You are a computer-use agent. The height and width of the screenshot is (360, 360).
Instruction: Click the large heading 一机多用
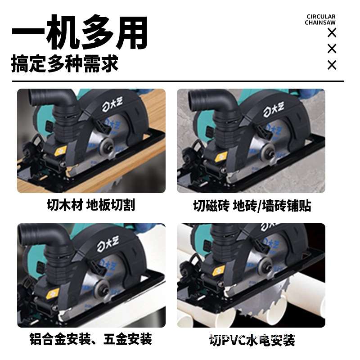coord(80,32)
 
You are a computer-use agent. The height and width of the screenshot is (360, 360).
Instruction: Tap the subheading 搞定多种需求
coord(65,63)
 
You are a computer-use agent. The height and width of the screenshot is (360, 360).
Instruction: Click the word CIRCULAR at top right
coord(320,17)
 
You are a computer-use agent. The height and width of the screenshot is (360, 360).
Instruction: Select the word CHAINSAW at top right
coord(320,23)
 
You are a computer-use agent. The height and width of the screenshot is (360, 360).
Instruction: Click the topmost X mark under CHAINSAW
coord(332,32)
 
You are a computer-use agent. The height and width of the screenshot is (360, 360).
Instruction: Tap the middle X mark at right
coord(332,49)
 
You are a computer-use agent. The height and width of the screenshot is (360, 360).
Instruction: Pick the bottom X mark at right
coord(332,65)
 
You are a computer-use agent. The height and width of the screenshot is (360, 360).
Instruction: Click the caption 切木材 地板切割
coord(91,205)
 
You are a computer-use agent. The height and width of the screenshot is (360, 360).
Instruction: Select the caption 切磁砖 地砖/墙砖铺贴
coord(252,206)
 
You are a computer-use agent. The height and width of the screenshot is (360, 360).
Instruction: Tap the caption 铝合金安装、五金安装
coord(90,338)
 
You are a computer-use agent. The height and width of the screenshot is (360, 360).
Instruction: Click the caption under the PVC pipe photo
coord(252,340)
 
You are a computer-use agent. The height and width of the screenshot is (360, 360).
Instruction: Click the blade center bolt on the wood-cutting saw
coord(107,144)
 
